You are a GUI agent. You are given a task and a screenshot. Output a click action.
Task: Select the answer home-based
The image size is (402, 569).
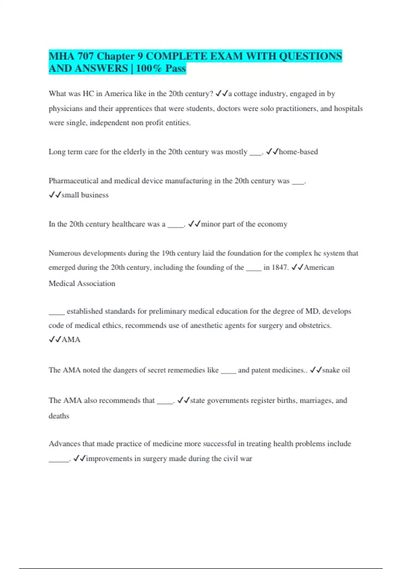point(298,152)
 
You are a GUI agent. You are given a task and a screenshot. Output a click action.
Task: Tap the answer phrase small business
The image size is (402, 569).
point(85,195)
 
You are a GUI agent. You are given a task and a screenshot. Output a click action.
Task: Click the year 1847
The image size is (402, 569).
point(279,267)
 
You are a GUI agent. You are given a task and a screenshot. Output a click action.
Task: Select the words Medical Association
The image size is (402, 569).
point(82,283)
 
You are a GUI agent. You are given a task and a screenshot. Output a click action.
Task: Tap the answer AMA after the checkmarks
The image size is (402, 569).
point(71,339)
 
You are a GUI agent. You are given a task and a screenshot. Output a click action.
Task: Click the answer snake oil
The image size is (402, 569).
point(336,370)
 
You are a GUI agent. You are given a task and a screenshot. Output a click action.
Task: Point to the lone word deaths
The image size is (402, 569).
point(59,416)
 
